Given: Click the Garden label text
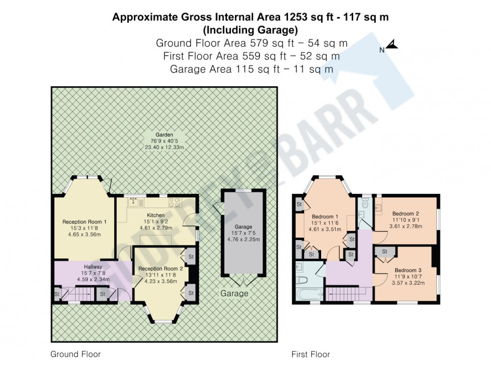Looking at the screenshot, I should coord(164,135).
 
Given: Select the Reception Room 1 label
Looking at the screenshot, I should coord(84,221).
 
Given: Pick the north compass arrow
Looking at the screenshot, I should coord(391,47).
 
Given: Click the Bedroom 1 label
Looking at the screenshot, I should coord(324,216).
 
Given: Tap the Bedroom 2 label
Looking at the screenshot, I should coord(405,213).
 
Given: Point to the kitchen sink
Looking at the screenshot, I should coord(133,202).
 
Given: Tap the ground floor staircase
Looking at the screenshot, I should coord(80,294).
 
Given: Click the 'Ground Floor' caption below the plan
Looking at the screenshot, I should coord(76,354).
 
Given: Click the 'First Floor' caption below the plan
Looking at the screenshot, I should coord(311,354).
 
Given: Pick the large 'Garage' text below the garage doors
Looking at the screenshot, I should coord(234,293).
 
